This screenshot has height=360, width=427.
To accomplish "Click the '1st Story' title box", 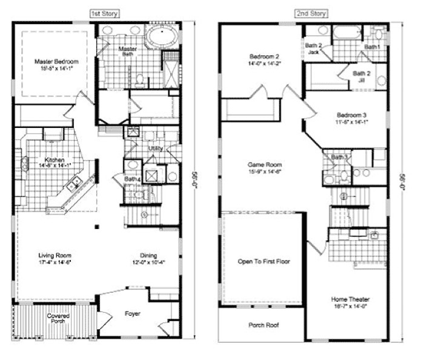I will pyautogui.click(x=105, y=12).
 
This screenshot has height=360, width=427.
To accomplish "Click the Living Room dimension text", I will pyautogui.click(x=55, y=262).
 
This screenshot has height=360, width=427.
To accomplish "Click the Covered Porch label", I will pyautogui.click(x=59, y=318).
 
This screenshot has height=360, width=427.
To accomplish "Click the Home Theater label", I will pyautogui.click(x=350, y=299).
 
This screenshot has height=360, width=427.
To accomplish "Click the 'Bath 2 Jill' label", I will pyautogui.click(x=362, y=76).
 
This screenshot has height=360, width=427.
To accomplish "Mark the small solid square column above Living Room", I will pyautogui.click(x=96, y=227).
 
